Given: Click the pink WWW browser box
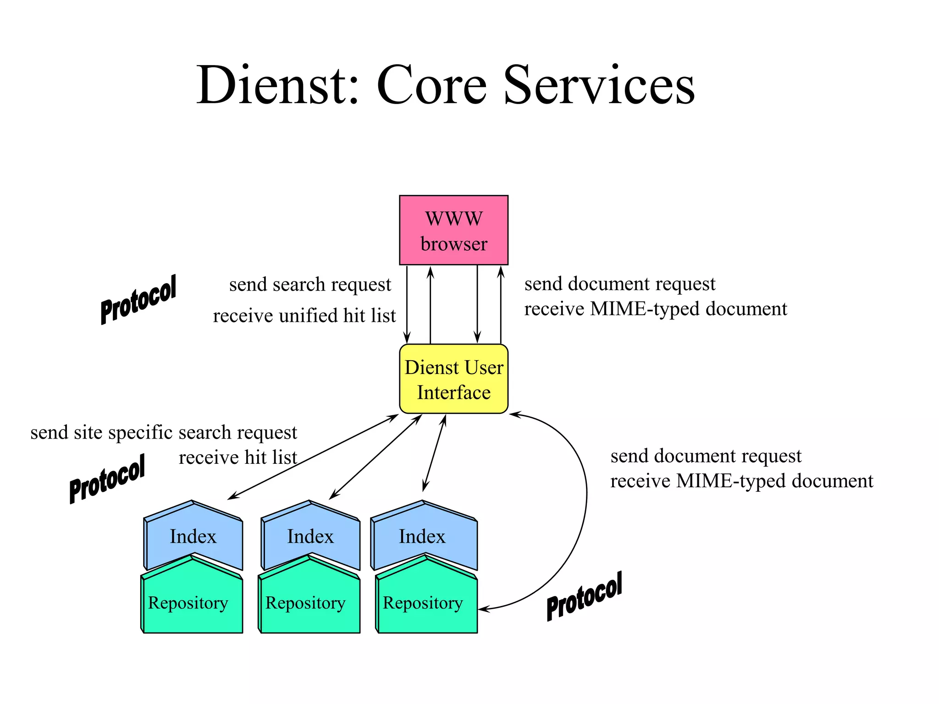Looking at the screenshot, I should [x=453, y=230].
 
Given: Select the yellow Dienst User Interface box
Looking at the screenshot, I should [x=453, y=379].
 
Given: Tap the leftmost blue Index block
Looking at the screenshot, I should [x=193, y=536].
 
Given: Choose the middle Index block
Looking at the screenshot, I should [x=310, y=536].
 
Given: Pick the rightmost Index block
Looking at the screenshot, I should [x=422, y=536].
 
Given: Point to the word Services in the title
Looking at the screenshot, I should [x=599, y=86].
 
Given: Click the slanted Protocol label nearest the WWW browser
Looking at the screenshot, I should [x=138, y=299].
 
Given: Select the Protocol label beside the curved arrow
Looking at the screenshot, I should [x=584, y=596].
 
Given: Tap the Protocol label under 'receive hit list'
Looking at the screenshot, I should [x=107, y=478].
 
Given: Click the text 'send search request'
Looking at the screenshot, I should [x=310, y=285].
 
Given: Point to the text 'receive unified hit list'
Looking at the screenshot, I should [x=304, y=316].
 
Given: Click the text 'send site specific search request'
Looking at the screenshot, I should [x=164, y=433].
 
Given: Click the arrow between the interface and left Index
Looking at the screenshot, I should [x=313, y=457].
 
